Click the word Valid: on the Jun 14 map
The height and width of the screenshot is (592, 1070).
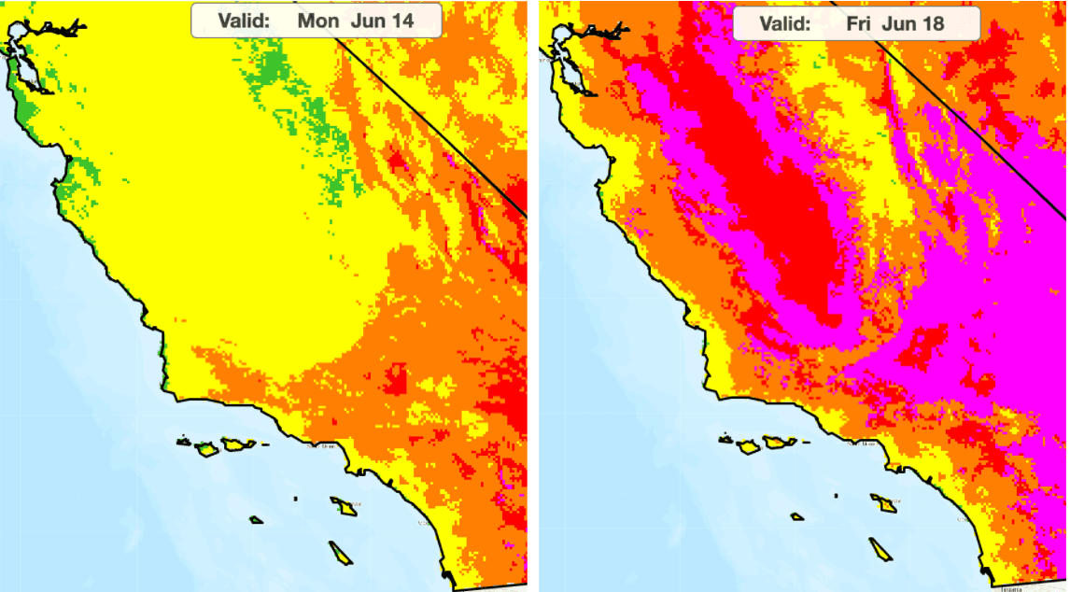(243, 20)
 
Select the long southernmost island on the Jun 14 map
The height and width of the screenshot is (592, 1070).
(341, 552)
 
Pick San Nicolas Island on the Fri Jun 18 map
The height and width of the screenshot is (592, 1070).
(797, 516)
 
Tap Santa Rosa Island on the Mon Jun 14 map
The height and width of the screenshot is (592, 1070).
(207, 449)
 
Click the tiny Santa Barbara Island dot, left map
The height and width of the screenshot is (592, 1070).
(295, 500)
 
